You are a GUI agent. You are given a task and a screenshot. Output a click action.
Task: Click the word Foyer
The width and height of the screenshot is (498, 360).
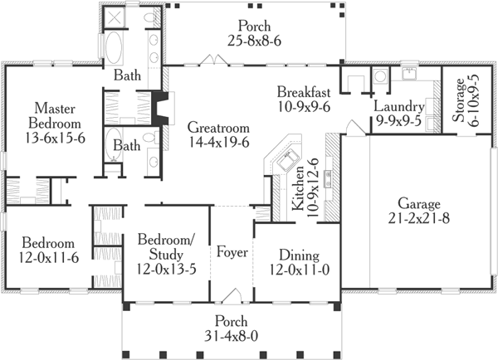[x=231, y=252]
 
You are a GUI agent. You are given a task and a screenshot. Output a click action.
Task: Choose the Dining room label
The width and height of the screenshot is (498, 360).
[x=298, y=255]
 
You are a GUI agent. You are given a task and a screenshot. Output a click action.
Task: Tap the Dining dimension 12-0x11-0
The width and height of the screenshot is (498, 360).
[x=298, y=270]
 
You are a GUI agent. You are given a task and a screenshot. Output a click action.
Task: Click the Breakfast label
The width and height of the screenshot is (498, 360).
[x=305, y=90]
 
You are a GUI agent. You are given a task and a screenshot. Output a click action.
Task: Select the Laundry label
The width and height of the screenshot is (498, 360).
[x=399, y=107]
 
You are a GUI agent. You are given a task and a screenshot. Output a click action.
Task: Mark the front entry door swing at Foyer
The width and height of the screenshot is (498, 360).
[x=236, y=296]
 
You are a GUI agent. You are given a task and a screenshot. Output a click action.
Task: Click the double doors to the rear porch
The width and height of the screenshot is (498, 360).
[x=212, y=60]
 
